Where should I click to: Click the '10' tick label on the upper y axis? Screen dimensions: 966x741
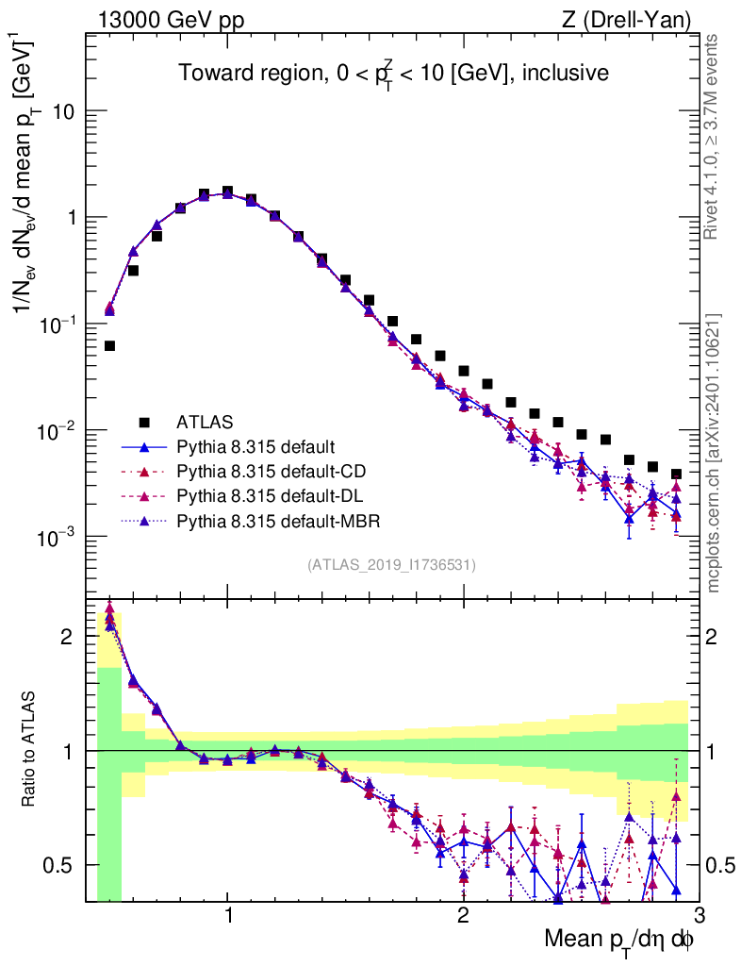click(64, 111)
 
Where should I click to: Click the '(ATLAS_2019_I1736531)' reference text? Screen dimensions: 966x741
click(391, 565)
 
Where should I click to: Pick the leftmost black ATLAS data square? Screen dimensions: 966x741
click(109, 346)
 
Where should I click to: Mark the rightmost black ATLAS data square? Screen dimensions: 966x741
click(676, 474)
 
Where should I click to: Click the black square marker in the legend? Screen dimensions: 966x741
click(145, 421)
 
